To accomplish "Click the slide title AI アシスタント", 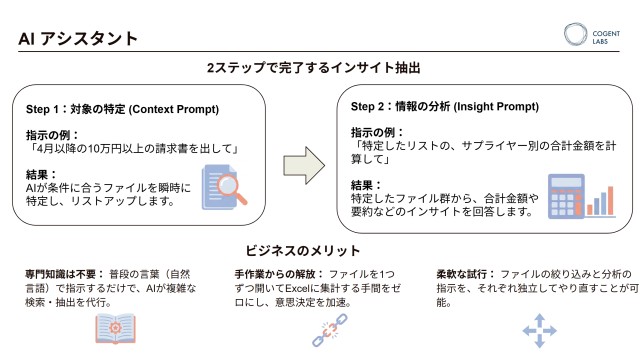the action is pyautogui.click(x=78, y=39).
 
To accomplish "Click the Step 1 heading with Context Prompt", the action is pyautogui.click(x=125, y=109).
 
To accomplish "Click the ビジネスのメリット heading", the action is pyautogui.click(x=304, y=250).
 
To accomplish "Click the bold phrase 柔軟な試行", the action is pyautogui.click(x=462, y=273).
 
